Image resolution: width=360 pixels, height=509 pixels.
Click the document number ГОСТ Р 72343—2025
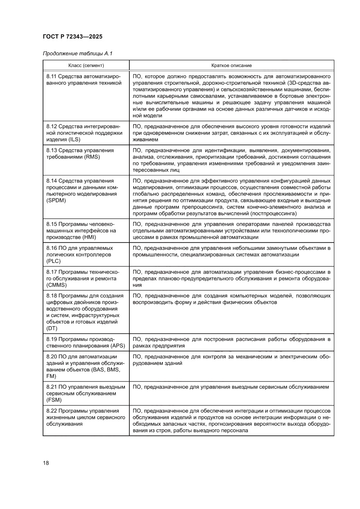pos(72,37)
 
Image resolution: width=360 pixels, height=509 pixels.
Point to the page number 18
pos(46,462)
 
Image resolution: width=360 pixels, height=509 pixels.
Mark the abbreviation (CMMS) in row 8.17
pos(57,285)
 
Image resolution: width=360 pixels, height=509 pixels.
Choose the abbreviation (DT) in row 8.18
pos(51,328)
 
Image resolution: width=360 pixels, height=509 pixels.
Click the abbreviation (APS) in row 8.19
pos(109,346)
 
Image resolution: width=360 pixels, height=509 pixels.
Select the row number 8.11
pos(52,76)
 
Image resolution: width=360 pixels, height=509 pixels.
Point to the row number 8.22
pos(52,411)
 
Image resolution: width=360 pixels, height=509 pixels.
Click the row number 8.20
pos(52,357)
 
